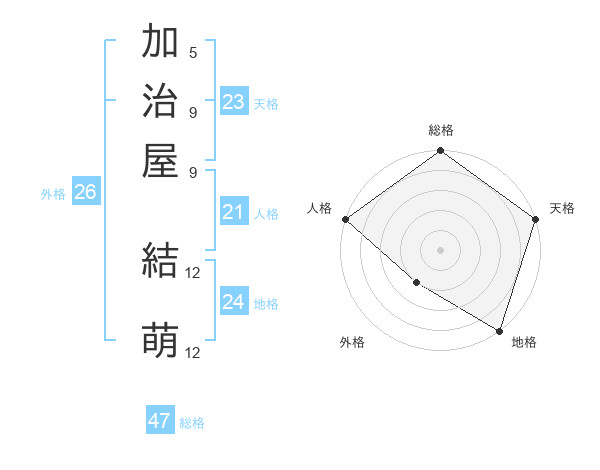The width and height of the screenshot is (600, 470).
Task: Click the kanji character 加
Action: coord(160,43)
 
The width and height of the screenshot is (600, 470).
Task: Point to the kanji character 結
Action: coord(160,262)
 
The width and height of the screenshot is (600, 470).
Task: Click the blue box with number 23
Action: coord(234,102)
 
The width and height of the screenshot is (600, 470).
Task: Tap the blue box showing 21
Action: coord(234,212)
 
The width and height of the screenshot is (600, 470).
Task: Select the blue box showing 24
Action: coord(234,302)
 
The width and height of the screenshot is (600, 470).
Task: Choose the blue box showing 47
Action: coord(160,421)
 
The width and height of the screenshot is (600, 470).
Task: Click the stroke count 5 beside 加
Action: coord(193,53)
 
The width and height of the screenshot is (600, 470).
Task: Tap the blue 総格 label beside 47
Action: coord(192,423)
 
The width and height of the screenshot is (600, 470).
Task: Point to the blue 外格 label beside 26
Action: coord(53,195)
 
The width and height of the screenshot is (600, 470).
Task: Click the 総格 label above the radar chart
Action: coord(440,130)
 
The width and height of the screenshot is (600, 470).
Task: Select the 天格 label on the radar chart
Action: coord(562,208)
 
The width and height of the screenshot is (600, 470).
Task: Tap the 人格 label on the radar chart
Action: coord(320,208)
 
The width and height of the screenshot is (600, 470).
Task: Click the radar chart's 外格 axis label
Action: coord(352,343)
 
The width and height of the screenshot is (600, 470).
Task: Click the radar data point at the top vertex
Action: coord(440,152)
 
